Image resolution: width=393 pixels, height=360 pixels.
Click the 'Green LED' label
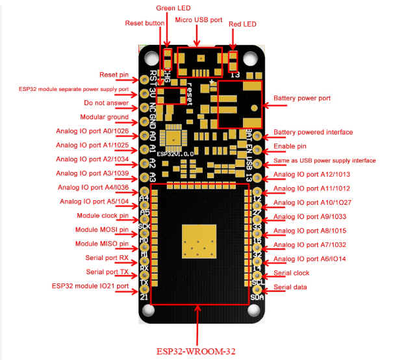[173, 7]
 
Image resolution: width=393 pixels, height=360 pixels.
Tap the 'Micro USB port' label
[199, 20]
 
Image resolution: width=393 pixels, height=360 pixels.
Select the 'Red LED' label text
[242, 23]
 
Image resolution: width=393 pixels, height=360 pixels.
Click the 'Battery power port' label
[302, 99]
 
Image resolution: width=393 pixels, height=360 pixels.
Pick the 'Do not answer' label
[107, 103]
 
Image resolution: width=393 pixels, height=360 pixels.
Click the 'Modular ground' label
[105, 117]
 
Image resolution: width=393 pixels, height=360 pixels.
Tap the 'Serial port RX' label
[108, 257]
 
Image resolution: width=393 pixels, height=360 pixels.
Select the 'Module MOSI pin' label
[103, 229]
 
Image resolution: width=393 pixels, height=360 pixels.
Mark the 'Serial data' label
[290, 287]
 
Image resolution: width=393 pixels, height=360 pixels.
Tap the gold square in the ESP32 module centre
[199, 243]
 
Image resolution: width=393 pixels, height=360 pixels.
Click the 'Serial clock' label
[292, 274]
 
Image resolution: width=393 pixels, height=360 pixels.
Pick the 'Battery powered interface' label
[313, 132]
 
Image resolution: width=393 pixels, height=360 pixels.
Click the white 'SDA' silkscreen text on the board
[256, 298]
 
